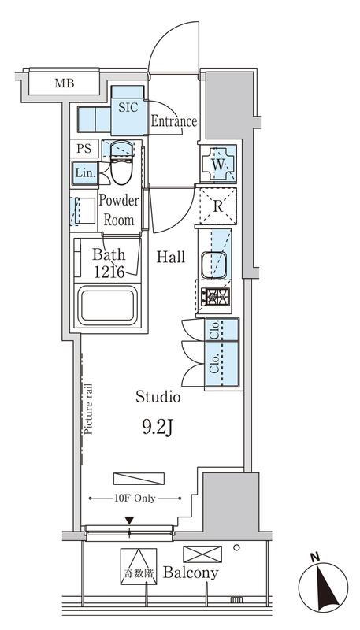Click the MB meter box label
(65, 83)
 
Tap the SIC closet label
(128, 107)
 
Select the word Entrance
(174, 121)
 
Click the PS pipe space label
(84, 148)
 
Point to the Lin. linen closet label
(86, 173)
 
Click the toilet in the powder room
(122, 162)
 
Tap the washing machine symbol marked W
(217, 164)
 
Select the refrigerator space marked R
(217, 206)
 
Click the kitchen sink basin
(213, 265)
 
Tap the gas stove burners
(215, 297)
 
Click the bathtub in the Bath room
(108, 306)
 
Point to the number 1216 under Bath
(109, 272)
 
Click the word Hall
(171, 257)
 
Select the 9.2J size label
(158, 428)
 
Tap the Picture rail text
(88, 409)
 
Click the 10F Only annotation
(135, 498)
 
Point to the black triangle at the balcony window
(129, 521)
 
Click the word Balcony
(191, 573)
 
